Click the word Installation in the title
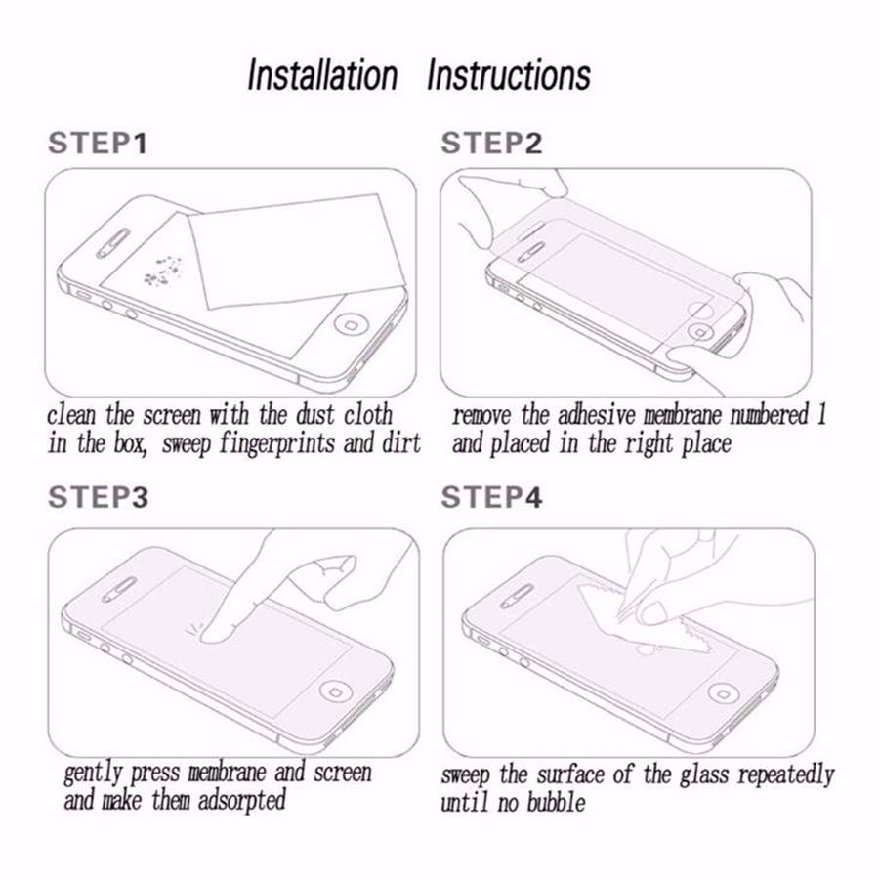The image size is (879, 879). point(322,74)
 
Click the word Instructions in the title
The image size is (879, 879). point(509,74)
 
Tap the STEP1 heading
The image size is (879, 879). point(98,144)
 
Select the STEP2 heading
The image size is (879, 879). point(491,144)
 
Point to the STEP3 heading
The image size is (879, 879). point(98,498)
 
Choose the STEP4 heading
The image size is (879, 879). point(491,498)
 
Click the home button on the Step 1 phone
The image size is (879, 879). point(350,325)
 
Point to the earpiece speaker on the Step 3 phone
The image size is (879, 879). point(119,590)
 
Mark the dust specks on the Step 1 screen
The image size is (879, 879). point(163,271)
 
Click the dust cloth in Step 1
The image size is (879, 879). point(296,251)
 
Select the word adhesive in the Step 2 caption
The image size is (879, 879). point(597,415)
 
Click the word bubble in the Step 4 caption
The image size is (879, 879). point(556,803)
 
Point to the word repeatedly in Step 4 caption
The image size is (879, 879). point(786,776)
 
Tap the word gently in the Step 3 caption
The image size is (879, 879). point(93,774)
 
